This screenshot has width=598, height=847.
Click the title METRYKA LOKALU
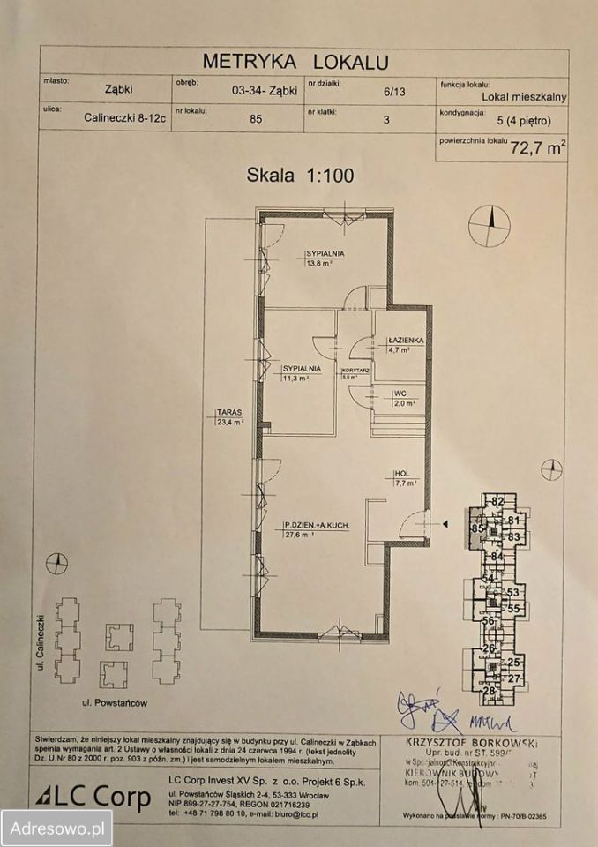(x=295, y=61)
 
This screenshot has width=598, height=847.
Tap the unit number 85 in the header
(x=256, y=122)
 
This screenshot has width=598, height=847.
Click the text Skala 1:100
(x=300, y=175)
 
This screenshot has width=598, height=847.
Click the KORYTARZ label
(x=355, y=371)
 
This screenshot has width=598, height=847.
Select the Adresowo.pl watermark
(x=56, y=828)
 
